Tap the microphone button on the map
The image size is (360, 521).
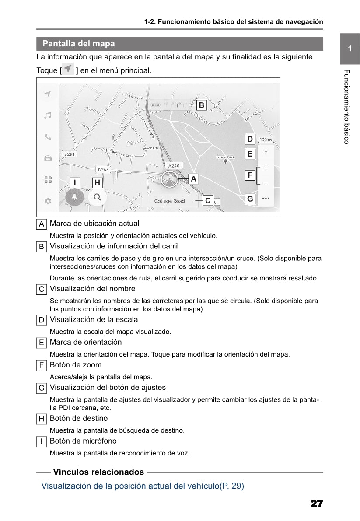point(75,197)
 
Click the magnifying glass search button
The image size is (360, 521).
point(97,197)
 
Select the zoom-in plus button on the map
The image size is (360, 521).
point(266,168)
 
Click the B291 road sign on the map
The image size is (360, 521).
point(69,154)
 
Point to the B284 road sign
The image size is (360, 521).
point(103,169)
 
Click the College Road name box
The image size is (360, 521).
point(170,201)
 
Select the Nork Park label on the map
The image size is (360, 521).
point(226,157)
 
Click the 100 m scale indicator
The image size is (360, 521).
point(266,140)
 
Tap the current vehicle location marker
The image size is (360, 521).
point(169,179)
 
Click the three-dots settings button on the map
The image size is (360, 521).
point(266,198)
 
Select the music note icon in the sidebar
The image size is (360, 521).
point(48,115)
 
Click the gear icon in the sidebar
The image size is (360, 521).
point(48,201)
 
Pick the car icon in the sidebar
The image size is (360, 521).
point(48,158)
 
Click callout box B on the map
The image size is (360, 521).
point(201,105)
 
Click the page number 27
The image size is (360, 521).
point(317,504)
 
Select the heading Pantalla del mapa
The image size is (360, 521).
point(79,44)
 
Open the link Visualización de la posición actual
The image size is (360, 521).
point(142,486)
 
